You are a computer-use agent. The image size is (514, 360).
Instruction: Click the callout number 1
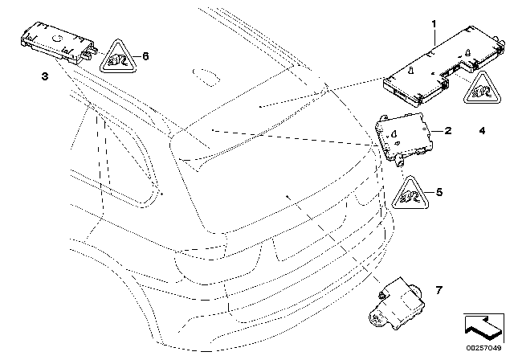pyautogui.click(x=434, y=25)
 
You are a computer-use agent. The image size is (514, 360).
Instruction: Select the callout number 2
pyautogui.click(x=447, y=129)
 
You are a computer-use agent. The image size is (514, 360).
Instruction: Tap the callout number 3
pyautogui.click(x=44, y=76)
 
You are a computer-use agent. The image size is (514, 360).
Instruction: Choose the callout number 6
pyautogui.click(x=145, y=56)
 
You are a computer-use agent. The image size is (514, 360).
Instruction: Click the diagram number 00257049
pyautogui.click(x=485, y=349)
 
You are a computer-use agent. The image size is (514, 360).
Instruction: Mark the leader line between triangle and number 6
pyautogui.click(x=136, y=56)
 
